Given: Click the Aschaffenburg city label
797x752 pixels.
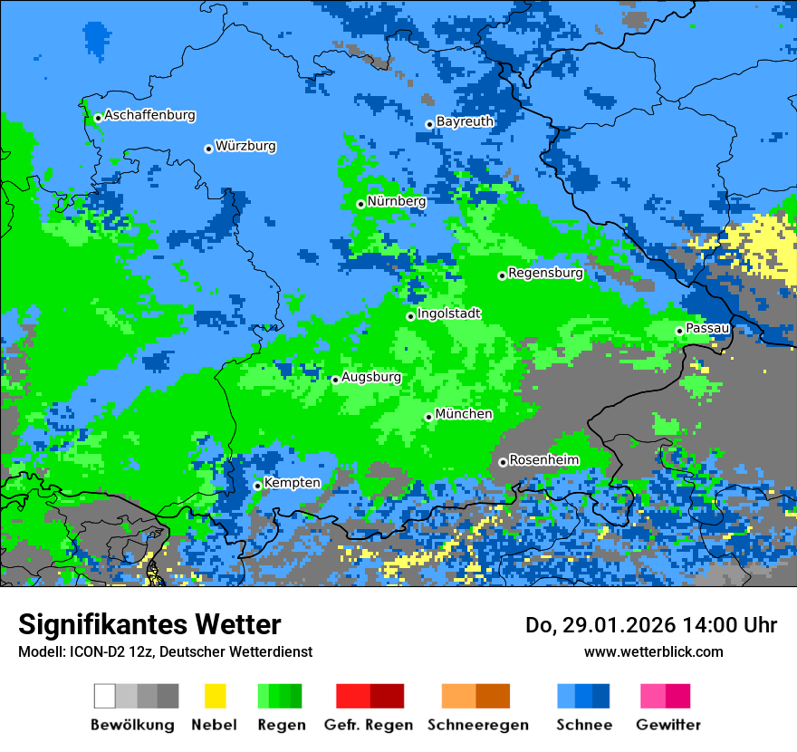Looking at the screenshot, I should tap(149, 116).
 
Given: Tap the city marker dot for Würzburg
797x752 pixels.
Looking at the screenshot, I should tap(208, 149).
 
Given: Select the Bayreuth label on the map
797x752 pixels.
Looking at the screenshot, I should tap(465, 121).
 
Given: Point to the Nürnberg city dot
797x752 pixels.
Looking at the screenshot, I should tap(360, 204).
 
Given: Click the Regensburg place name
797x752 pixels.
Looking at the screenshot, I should tap(545, 273).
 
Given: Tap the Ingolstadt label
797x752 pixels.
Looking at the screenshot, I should tap(448, 313).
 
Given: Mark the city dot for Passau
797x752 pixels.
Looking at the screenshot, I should tap(679, 331).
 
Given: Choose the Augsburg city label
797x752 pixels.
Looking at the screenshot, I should tap(371, 378).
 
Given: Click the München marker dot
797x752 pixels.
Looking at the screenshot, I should tap(428, 417).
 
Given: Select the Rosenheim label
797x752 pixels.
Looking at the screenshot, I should tap(543, 460).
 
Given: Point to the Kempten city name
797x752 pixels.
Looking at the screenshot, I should tap(292, 483).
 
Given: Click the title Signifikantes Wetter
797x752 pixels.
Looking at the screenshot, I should tap(149, 624).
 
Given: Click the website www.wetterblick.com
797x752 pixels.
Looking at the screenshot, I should tap(653, 651).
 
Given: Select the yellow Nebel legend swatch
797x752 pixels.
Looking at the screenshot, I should tap(215, 696).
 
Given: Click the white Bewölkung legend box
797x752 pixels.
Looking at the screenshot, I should tap(104, 696).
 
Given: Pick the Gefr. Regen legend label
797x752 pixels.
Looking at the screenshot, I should tap(369, 725).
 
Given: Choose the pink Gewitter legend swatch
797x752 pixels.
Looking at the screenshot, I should tap(653, 696).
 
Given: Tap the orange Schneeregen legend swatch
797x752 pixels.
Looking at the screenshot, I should tap(458, 696).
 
